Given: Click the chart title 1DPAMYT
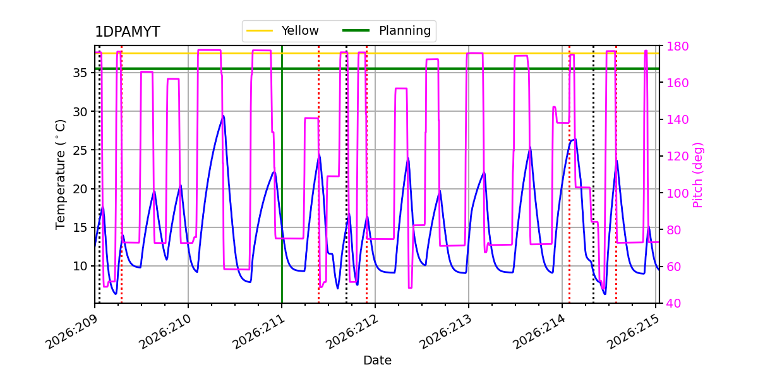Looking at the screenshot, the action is point(128,32).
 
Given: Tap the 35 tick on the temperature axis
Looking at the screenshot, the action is point(80,73).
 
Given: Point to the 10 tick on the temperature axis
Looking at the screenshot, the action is point(80,266).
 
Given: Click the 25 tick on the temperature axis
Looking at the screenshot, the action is point(80,150).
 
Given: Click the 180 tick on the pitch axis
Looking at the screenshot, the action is point(677,46).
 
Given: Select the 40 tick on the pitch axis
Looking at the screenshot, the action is point(674,303).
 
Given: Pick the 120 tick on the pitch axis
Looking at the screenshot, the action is point(677,157).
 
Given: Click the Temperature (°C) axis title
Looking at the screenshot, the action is point(60,174).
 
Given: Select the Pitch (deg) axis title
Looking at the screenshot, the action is point(698,175).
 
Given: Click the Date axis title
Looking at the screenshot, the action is point(377,361).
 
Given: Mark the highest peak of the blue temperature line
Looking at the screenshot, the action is point(224,116).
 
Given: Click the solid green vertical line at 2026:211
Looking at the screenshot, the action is point(282,174).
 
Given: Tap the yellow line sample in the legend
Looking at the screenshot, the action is point(260,31).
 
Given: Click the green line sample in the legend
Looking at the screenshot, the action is point(356,30).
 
